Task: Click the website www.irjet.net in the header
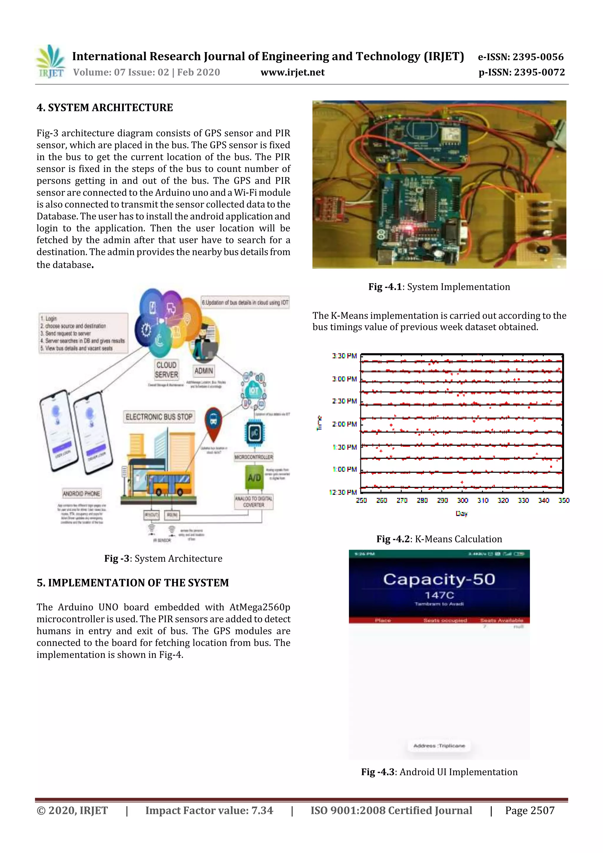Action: click(x=292, y=72)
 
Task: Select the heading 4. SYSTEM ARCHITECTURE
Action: click(x=105, y=107)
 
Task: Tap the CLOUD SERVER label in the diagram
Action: click(x=166, y=370)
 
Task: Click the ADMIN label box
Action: click(x=203, y=370)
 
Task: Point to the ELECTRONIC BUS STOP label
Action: click(x=159, y=417)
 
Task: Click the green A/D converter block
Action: click(x=254, y=477)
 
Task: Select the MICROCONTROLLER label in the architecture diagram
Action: click(x=254, y=457)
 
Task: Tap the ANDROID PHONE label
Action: click(x=81, y=493)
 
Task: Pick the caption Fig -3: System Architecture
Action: click(x=163, y=558)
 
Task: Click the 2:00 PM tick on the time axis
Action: click(x=344, y=424)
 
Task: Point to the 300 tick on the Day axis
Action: click(x=463, y=501)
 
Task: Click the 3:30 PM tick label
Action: click(x=344, y=356)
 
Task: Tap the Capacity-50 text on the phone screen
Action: click(x=439, y=579)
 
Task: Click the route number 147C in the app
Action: click(x=439, y=595)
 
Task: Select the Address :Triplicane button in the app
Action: click(x=439, y=746)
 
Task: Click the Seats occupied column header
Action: click(x=445, y=620)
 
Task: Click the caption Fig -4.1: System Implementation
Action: click(x=439, y=287)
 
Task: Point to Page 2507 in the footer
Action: click(x=529, y=810)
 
